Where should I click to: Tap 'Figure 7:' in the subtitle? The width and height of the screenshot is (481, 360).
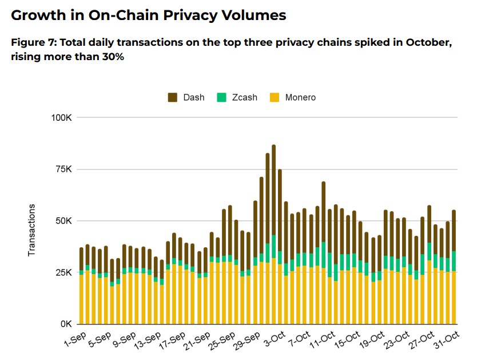coord(33,43)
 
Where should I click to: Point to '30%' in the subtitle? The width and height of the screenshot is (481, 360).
coord(112,57)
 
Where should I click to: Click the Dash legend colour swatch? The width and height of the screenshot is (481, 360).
coord(173,97)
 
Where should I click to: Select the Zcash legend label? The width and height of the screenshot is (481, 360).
coord(244,97)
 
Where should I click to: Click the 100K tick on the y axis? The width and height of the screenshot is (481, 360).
coord(59,117)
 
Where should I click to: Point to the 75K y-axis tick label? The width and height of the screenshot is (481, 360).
coord(61,169)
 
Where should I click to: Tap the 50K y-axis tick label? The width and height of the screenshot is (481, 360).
coord(61,221)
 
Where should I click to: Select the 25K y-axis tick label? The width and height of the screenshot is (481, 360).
coord(61,272)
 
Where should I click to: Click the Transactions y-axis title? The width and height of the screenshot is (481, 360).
coord(32,230)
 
